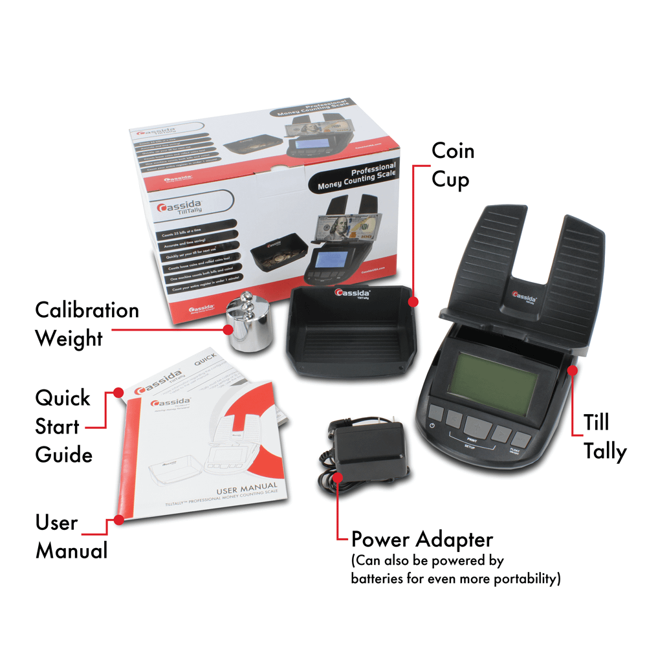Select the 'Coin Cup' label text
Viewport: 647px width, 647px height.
click(453, 165)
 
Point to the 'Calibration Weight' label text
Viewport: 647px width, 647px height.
click(87, 323)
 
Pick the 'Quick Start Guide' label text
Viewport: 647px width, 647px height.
click(63, 426)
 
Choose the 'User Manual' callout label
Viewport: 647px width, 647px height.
click(71, 537)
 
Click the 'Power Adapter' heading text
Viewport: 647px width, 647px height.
click(422, 539)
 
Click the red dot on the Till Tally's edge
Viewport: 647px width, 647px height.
click(572, 369)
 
